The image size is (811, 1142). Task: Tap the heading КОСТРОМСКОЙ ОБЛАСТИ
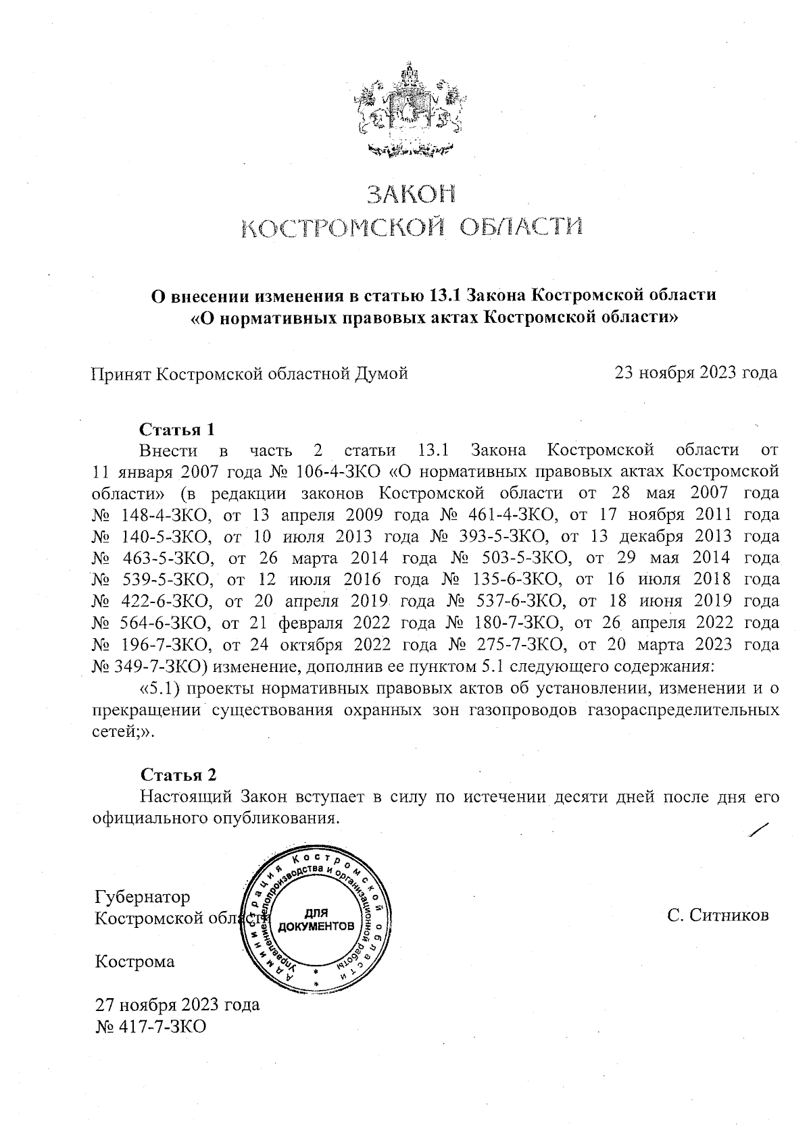(x=412, y=228)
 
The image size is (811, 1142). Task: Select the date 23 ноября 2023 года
(x=696, y=373)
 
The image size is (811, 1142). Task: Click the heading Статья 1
(x=177, y=430)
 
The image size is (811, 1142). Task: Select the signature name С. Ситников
(x=718, y=916)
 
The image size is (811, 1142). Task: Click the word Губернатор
(x=143, y=897)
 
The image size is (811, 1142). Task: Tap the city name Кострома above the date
(x=135, y=962)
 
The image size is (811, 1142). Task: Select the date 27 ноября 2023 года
(x=177, y=1004)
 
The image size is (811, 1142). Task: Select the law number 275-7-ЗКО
(x=520, y=644)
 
